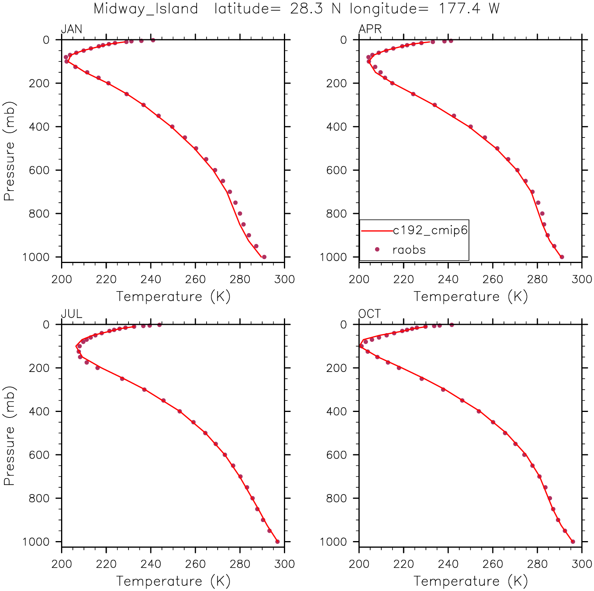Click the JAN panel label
click(x=71, y=29)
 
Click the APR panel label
click(x=370, y=29)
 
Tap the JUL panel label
click(x=71, y=314)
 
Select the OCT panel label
click(x=369, y=314)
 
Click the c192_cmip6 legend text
click(x=430, y=230)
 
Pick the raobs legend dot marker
click(x=377, y=250)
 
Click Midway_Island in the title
click(x=146, y=9)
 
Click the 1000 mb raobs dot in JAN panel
click(x=264, y=257)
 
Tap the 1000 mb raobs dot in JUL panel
click(x=277, y=541)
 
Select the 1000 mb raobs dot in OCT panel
click(x=573, y=541)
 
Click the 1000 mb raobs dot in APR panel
click(x=562, y=257)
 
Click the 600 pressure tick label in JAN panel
click(x=39, y=170)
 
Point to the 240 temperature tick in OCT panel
click(x=448, y=564)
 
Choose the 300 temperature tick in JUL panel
click(x=284, y=564)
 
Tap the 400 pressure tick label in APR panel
click(x=336, y=127)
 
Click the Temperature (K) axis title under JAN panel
click(x=173, y=297)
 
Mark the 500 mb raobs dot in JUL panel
click(x=205, y=433)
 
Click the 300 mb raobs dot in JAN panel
click(x=144, y=105)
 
